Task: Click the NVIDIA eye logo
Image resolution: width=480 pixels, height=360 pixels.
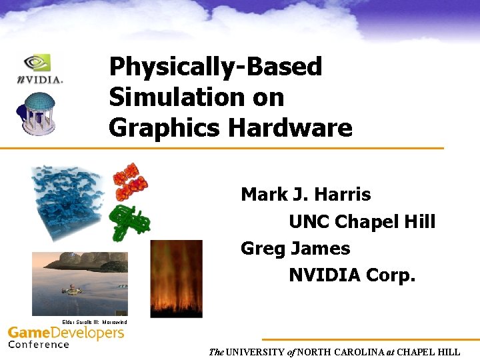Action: [x=39, y=63]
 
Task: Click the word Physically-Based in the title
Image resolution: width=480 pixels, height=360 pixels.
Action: [x=215, y=67]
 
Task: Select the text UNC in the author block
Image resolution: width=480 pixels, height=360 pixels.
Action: [x=309, y=221]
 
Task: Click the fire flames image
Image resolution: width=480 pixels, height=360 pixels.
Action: [x=176, y=277]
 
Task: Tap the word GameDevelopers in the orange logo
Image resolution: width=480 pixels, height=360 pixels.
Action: [x=66, y=333]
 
